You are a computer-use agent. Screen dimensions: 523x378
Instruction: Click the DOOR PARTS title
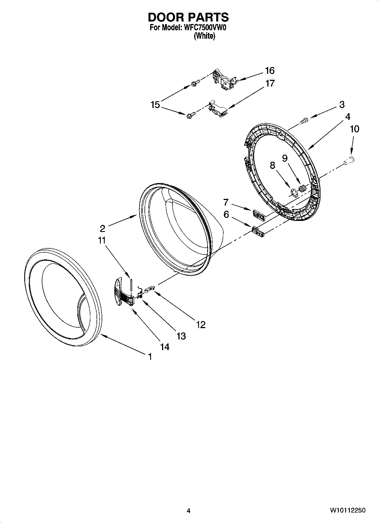point(188,18)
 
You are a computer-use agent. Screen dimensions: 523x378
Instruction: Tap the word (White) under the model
point(204,36)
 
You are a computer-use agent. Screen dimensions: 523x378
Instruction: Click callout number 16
point(269,71)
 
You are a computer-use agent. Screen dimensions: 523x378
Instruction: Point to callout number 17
point(270,83)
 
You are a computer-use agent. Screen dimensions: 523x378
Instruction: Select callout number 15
point(155,105)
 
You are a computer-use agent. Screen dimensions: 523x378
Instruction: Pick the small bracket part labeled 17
point(217,108)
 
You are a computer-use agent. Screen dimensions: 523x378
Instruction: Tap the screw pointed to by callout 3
point(303,120)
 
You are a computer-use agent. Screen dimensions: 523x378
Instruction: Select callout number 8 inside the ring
point(272,165)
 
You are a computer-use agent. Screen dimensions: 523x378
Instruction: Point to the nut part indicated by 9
point(302,188)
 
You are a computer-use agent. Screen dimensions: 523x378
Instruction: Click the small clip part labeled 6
point(259,231)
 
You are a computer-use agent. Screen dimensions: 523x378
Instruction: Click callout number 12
point(200,325)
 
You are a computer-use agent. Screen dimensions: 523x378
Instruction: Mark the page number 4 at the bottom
point(189,510)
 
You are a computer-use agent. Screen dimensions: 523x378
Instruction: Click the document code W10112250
point(347,510)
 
